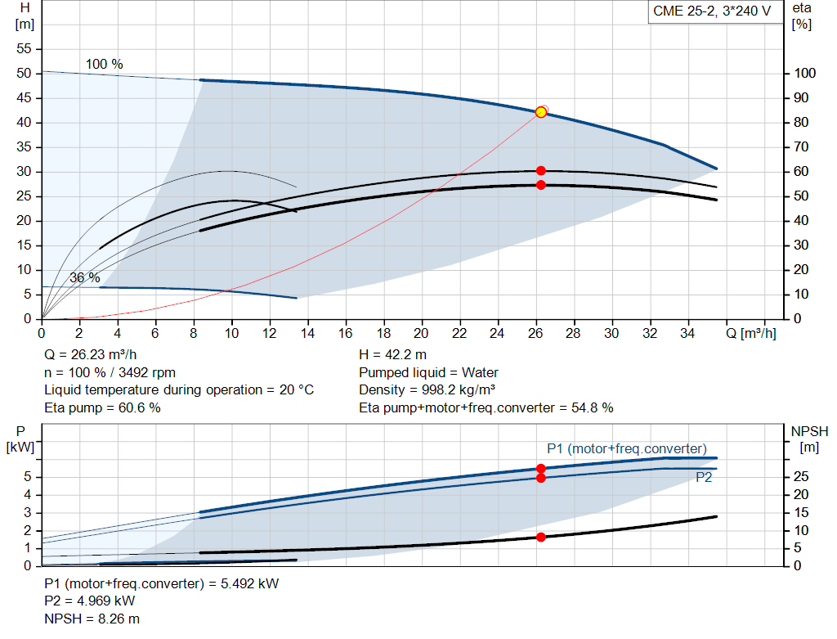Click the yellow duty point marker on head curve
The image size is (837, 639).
(540, 112)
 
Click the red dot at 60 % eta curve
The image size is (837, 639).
(540, 170)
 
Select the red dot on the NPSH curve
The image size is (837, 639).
(540, 537)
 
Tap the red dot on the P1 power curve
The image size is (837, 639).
(540, 469)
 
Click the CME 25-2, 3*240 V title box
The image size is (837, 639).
(711, 11)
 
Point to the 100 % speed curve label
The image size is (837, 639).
(105, 64)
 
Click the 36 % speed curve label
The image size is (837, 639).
(84, 277)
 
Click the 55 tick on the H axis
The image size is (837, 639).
(24, 49)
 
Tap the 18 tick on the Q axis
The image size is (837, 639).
(383, 334)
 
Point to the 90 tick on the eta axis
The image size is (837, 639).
(805, 98)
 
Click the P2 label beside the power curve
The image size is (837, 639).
(704, 478)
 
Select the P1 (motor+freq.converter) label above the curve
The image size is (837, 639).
(626, 448)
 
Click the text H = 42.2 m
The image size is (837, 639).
(392, 355)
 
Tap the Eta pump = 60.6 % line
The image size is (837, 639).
(102, 407)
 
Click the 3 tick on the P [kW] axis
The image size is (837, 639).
(27, 512)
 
